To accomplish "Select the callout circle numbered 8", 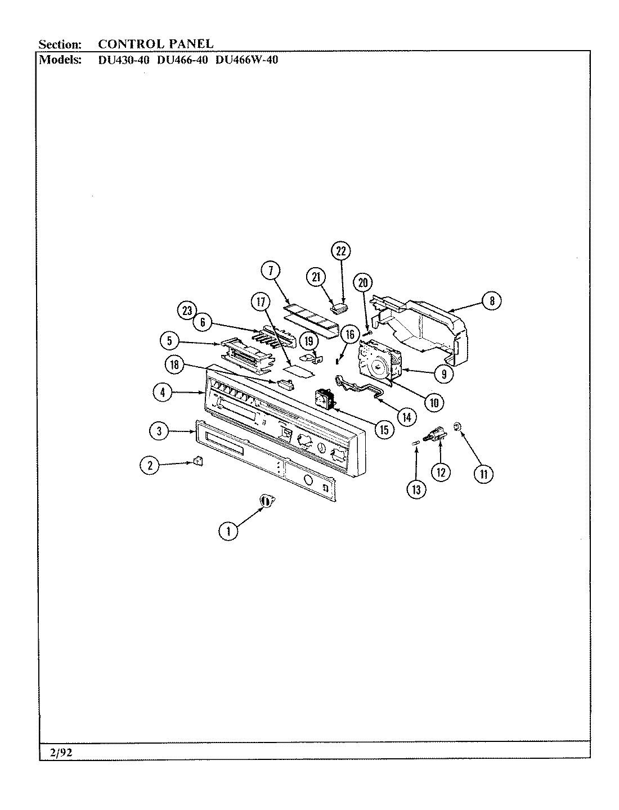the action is click(491, 301).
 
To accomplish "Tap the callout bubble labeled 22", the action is click(340, 251).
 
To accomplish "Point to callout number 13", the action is click(416, 489).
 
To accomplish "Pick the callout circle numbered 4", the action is click(163, 393).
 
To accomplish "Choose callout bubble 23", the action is click(186, 310).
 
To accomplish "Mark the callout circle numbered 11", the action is click(483, 474).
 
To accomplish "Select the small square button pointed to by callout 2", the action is click(198, 461).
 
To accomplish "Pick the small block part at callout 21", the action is click(339, 307).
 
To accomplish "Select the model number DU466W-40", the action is click(247, 60).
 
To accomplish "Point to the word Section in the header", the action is click(60, 44).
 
